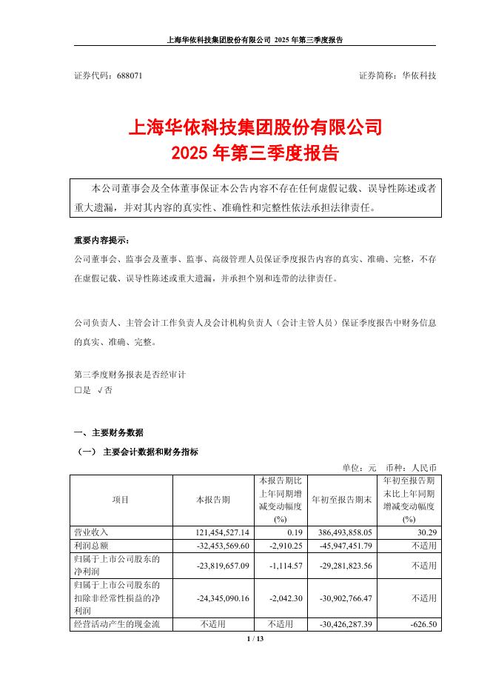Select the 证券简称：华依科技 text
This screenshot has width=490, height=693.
click(x=397, y=76)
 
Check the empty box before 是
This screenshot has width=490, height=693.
click(x=78, y=390)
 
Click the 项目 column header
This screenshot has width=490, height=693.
click(x=121, y=500)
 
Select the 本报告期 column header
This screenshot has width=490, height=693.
click(x=213, y=500)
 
